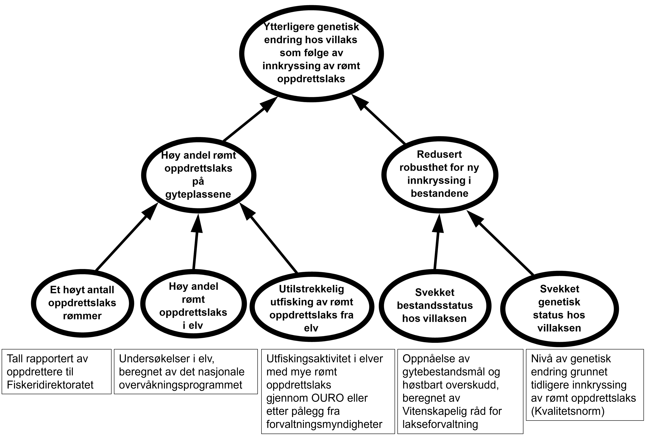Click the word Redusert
point(439,154)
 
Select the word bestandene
point(439,193)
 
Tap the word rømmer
point(82,316)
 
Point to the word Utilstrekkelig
point(311,289)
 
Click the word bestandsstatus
point(435,305)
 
